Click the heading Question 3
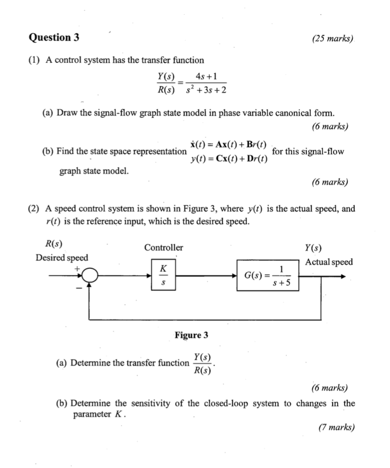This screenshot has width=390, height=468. [54, 38]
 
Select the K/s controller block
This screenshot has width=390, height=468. [163, 276]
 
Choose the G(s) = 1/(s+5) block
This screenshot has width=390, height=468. [268, 276]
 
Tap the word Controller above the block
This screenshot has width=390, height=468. [163, 248]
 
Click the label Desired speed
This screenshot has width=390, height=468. [62, 257]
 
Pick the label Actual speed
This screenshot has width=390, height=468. [329, 262]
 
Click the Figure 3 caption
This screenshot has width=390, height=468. [191, 335]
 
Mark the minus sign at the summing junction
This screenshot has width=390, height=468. [78, 288]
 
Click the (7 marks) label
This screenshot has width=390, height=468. [336, 427]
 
